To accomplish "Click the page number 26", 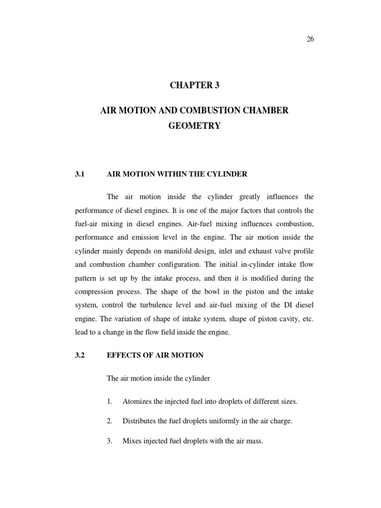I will click(x=310, y=41).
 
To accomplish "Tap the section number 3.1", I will click(x=80, y=174).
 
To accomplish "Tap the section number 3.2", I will click(x=80, y=355).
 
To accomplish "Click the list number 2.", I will click(x=110, y=421).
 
